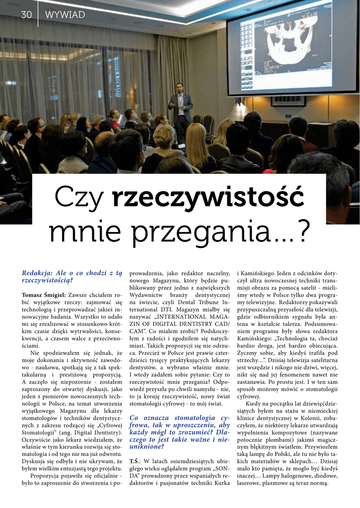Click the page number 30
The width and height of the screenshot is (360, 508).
coord(26,15)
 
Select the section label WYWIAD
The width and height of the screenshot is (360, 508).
coord(65,15)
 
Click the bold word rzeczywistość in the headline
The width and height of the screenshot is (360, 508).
coord(208,197)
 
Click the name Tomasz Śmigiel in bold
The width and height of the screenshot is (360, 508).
coord(44,295)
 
